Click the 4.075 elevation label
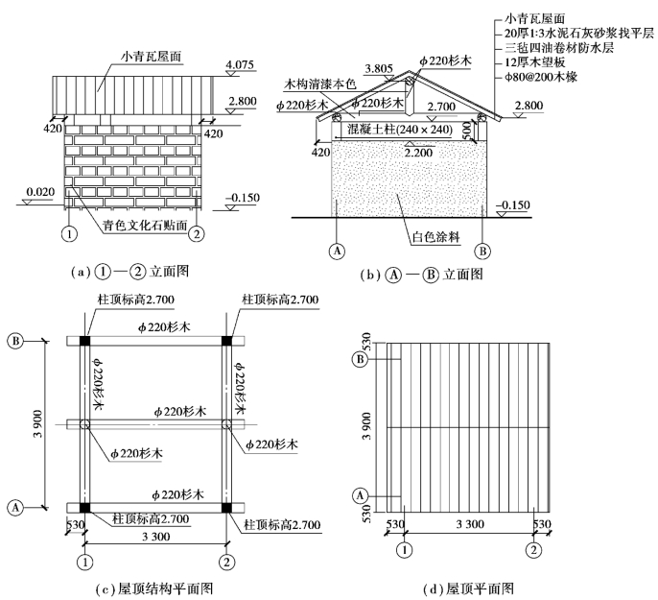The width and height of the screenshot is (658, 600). pyautogui.click(x=240, y=66)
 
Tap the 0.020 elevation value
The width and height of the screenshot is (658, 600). pyautogui.click(x=40, y=193)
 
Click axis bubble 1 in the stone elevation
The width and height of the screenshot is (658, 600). pyautogui.click(x=68, y=232)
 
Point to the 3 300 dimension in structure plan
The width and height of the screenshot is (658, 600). pyautogui.click(x=156, y=535)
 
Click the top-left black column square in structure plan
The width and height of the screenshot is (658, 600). pyautogui.click(x=84, y=341)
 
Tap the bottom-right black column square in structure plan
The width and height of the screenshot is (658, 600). pyautogui.click(x=227, y=506)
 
